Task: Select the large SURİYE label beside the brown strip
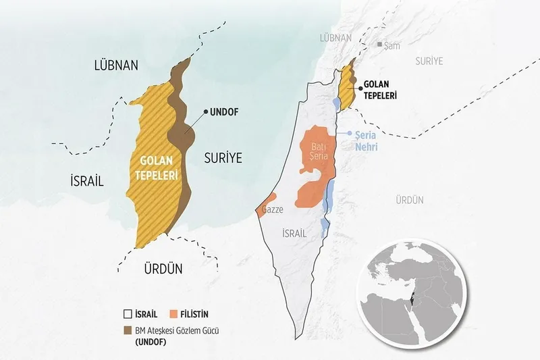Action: (222, 158)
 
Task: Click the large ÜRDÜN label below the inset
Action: (163, 268)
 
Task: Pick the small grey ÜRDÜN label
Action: (410, 200)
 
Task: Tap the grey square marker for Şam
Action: (379, 45)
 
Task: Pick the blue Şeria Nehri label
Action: (369, 140)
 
